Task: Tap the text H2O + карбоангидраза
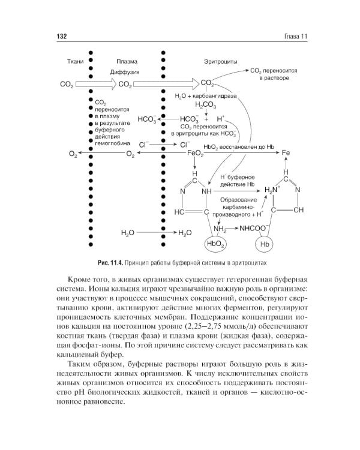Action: pyautogui.click(x=205, y=95)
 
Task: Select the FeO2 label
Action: pyautogui.click(x=196, y=154)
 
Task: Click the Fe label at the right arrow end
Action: pyautogui.click(x=286, y=154)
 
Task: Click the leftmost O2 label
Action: pyautogui.click(x=73, y=154)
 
